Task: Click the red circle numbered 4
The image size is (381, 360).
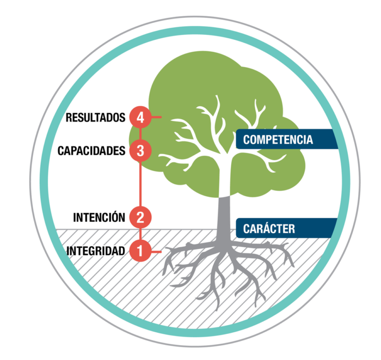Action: click(x=140, y=117)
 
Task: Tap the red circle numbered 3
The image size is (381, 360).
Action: click(x=140, y=150)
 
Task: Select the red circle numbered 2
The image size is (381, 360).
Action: click(x=140, y=218)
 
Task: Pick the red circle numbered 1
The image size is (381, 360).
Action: click(x=140, y=251)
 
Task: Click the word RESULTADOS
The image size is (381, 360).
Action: click(x=96, y=117)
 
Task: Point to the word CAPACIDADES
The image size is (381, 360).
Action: click(x=91, y=151)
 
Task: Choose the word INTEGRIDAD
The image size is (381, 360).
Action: click(x=96, y=251)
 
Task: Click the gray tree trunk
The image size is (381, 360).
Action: click(x=225, y=215)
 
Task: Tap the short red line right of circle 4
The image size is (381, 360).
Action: click(x=156, y=117)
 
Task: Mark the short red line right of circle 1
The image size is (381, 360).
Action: click(x=156, y=251)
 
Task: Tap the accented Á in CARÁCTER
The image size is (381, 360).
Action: click(x=259, y=228)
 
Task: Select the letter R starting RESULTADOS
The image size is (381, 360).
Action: click(x=69, y=117)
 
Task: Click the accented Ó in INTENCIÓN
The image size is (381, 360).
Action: click(x=113, y=217)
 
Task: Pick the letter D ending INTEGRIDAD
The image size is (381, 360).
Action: click(x=122, y=251)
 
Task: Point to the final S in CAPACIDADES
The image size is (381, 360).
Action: click(x=122, y=151)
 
